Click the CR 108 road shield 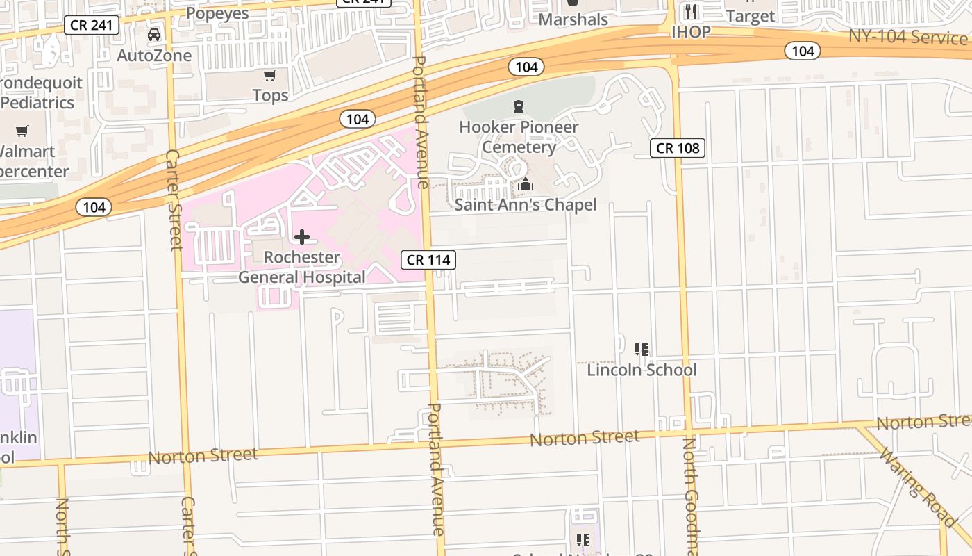678,147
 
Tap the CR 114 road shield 428,260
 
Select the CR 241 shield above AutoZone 92,26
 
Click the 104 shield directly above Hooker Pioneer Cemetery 526,67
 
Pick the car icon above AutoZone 154,35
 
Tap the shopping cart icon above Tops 269,75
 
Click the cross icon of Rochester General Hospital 302,237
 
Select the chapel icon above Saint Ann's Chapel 526,185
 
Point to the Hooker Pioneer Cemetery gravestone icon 518,106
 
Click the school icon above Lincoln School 642,349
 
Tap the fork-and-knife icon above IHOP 690,12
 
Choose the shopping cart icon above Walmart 22,131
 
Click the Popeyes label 218,13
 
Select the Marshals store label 573,19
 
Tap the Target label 750,16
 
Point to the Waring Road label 919,486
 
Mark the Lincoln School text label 642,370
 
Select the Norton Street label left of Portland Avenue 203,456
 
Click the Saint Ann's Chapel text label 526,204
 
